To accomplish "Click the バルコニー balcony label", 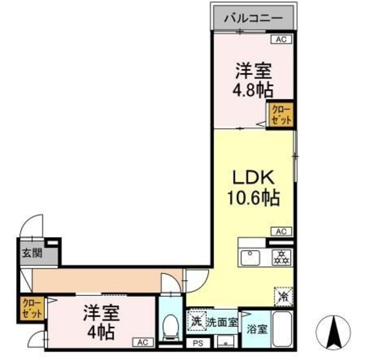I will (x=253, y=18).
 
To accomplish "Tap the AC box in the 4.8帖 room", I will (x=281, y=39).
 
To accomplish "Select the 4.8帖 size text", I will (x=252, y=90).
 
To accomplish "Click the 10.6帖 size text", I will (x=254, y=198).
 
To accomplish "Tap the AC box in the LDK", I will (x=281, y=231).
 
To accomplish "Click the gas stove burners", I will (x=280, y=257).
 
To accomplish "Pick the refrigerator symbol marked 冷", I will (x=283, y=295).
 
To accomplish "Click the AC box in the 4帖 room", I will (x=143, y=342).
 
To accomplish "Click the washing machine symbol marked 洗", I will (x=196, y=320).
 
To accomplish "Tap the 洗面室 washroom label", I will (x=222, y=321).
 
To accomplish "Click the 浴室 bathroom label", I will (x=256, y=329).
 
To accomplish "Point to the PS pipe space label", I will (x=198, y=344).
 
